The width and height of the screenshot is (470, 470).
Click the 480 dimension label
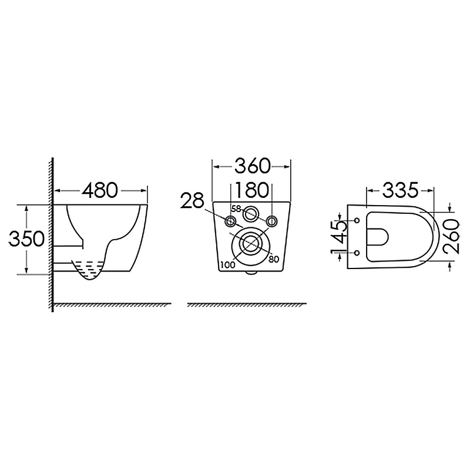coord(100,190)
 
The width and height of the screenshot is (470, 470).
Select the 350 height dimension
coord(26,239)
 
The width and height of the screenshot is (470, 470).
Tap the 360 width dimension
coord(252,166)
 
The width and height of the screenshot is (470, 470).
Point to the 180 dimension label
coord(251,190)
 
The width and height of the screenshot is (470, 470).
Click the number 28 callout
coord(192,200)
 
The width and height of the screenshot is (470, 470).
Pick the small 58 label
coord(236,209)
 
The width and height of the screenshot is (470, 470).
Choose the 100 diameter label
coord(227,265)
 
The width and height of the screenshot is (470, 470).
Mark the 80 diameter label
coord(274,260)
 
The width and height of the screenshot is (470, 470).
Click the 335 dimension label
coord(400,190)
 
